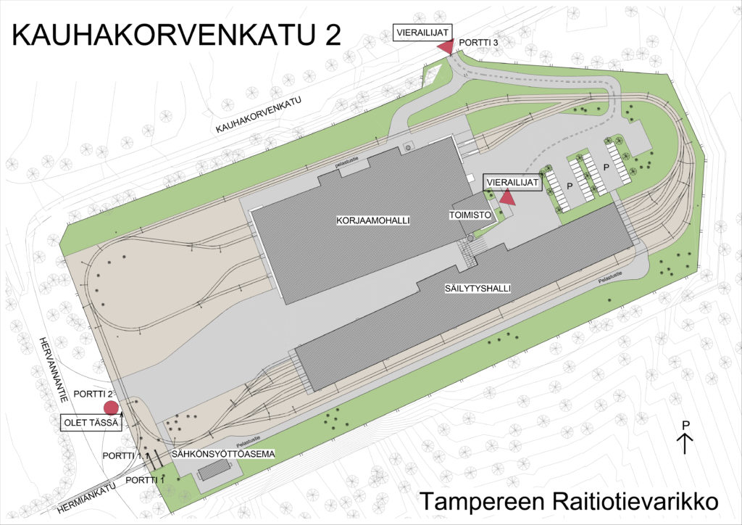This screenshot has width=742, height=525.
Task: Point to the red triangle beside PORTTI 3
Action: coord(445,46)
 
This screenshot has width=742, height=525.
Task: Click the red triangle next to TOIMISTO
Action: coord(507,197)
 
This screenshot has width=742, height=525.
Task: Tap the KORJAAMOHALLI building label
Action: coord(367,219)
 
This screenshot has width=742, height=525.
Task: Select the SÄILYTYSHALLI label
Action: coord(478,288)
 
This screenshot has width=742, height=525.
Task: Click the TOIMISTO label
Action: coord(469,215)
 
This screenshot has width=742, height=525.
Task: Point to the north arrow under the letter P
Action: coord(685,442)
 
